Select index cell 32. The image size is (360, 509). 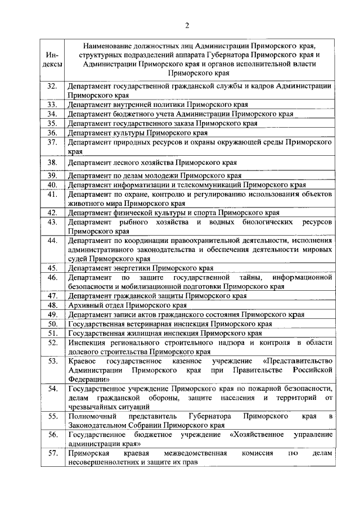pyautogui.click(x=53, y=86)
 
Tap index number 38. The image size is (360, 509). pyautogui.click(x=53, y=163)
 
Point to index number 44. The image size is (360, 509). pyautogui.click(x=53, y=241)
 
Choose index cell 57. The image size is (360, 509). pyautogui.click(x=53, y=453)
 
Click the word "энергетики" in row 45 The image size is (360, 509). pyautogui.click(x=132, y=268)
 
